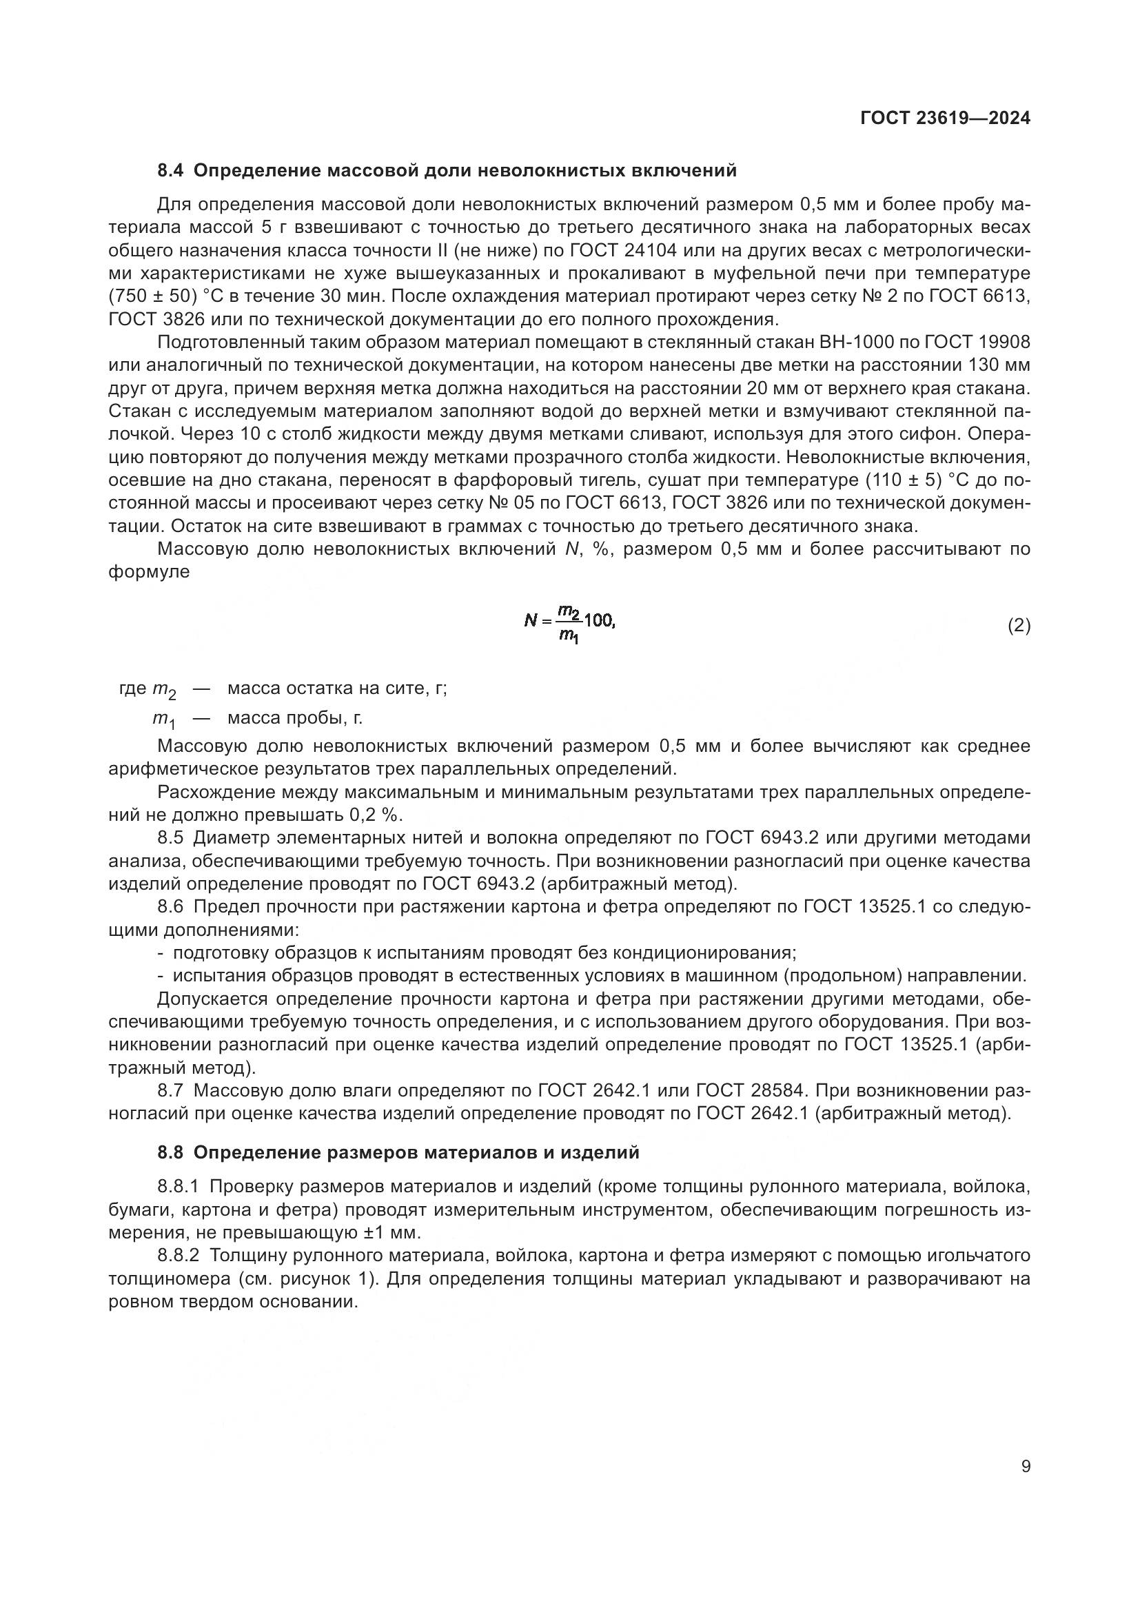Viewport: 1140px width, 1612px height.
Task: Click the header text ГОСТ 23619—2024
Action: click(945, 119)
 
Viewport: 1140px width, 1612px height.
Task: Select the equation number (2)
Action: click(1019, 626)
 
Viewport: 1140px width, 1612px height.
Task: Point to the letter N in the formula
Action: click(531, 621)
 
